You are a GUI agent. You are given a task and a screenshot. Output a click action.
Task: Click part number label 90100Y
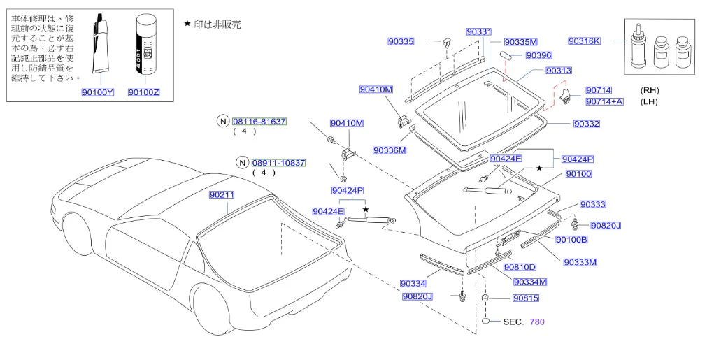(98, 92)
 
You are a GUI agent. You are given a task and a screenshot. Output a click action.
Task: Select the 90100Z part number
(144, 92)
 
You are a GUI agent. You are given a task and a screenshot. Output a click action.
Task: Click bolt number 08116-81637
(259, 122)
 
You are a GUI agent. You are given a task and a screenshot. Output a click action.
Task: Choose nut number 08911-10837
(278, 163)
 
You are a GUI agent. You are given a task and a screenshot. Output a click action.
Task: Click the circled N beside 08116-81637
(223, 121)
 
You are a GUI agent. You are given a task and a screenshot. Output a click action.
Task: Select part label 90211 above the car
(222, 194)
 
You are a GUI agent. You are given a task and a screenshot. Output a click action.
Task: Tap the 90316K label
(585, 41)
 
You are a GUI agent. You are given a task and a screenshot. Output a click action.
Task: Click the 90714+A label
(604, 101)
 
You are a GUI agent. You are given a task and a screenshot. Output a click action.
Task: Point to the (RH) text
(649, 90)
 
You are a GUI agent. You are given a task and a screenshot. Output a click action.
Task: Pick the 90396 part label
(539, 55)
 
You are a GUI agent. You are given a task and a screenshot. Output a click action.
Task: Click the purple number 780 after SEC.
(537, 322)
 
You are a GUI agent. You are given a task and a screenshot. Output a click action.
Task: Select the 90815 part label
(526, 298)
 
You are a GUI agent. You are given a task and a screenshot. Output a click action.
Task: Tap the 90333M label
(580, 262)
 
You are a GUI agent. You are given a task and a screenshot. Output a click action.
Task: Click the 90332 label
(587, 124)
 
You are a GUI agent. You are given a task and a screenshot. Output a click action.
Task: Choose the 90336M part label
(390, 150)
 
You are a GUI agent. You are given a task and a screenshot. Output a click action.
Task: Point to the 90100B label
(571, 240)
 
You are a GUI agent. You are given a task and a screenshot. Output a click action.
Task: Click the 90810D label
(520, 267)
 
